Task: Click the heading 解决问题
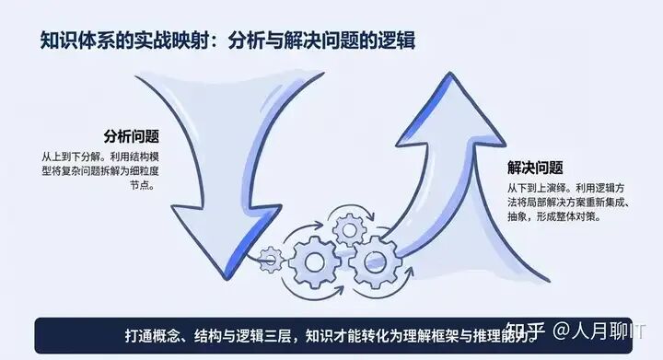[x=535, y=168]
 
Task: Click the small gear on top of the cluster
[x=348, y=226]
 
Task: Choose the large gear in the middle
[x=314, y=261]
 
